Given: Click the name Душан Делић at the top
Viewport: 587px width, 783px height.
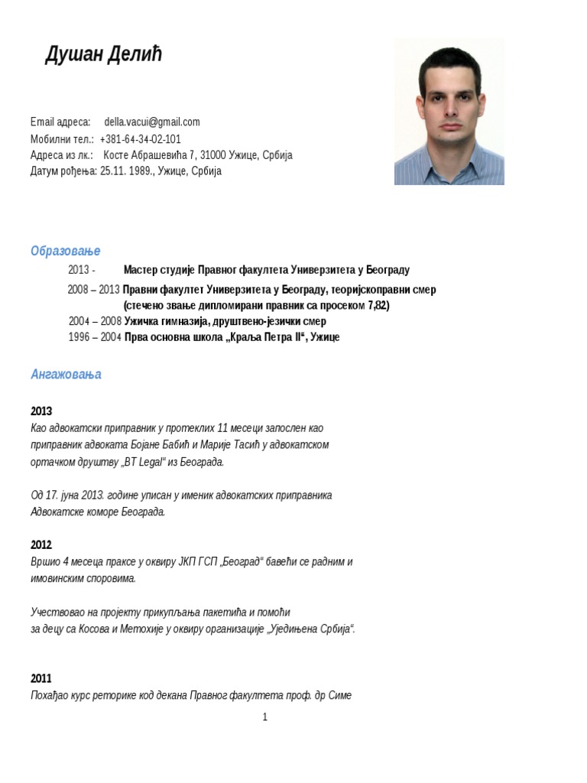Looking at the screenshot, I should pyautogui.click(x=103, y=55).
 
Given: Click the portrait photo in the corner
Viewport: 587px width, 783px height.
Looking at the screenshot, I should pyautogui.click(x=449, y=112).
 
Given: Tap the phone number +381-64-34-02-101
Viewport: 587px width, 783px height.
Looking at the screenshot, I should pyautogui.click(x=141, y=139).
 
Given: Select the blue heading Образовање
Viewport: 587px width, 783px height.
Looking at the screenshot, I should pyautogui.click(x=65, y=252).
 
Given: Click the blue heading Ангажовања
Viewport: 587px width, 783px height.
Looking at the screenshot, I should pyautogui.click(x=66, y=375).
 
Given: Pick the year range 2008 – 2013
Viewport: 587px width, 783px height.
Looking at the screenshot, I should pyautogui.click(x=93, y=290).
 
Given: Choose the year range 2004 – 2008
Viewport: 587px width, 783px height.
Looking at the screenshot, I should pyautogui.click(x=95, y=321).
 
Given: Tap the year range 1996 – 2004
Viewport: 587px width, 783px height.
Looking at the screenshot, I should pyautogui.click(x=95, y=337).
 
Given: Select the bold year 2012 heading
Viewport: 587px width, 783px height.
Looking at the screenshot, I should pyautogui.click(x=41, y=545).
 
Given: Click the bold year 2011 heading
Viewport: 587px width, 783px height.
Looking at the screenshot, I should pyautogui.click(x=41, y=678).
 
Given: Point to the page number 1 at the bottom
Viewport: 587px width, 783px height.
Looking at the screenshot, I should pyautogui.click(x=264, y=717).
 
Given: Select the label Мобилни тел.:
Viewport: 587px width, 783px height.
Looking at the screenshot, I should pyautogui.click(x=62, y=139).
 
